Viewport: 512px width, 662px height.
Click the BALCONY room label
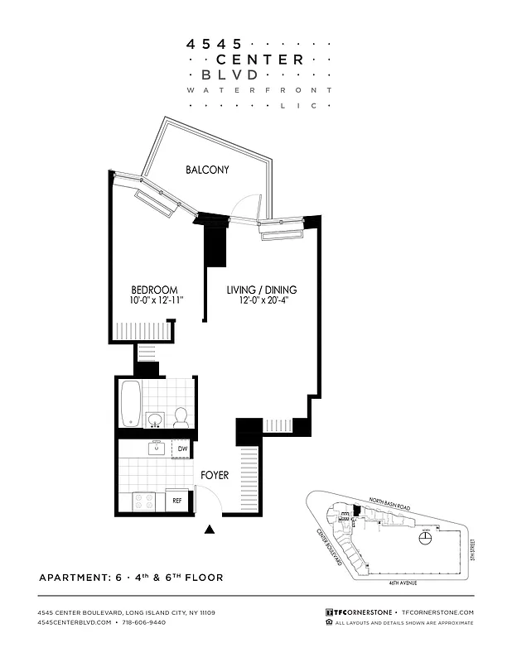coord(207,170)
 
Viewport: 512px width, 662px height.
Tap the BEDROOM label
coord(154,290)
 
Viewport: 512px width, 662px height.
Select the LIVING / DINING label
coord(262,290)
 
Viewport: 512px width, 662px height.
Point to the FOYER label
coord(215,476)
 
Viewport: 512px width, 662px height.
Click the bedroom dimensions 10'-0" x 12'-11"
coord(157,303)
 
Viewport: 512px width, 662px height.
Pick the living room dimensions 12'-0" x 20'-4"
coord(263,303)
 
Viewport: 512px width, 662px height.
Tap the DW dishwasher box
coord(182,449)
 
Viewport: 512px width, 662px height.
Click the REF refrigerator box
coord(177,501)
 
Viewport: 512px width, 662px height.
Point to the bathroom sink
coord(154,420)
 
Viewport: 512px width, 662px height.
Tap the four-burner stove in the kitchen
coord(144,501)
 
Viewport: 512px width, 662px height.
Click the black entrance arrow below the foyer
coord(210,530)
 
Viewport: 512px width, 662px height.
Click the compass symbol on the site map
coord(425,539)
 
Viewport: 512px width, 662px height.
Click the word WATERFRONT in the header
coord(259,89)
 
